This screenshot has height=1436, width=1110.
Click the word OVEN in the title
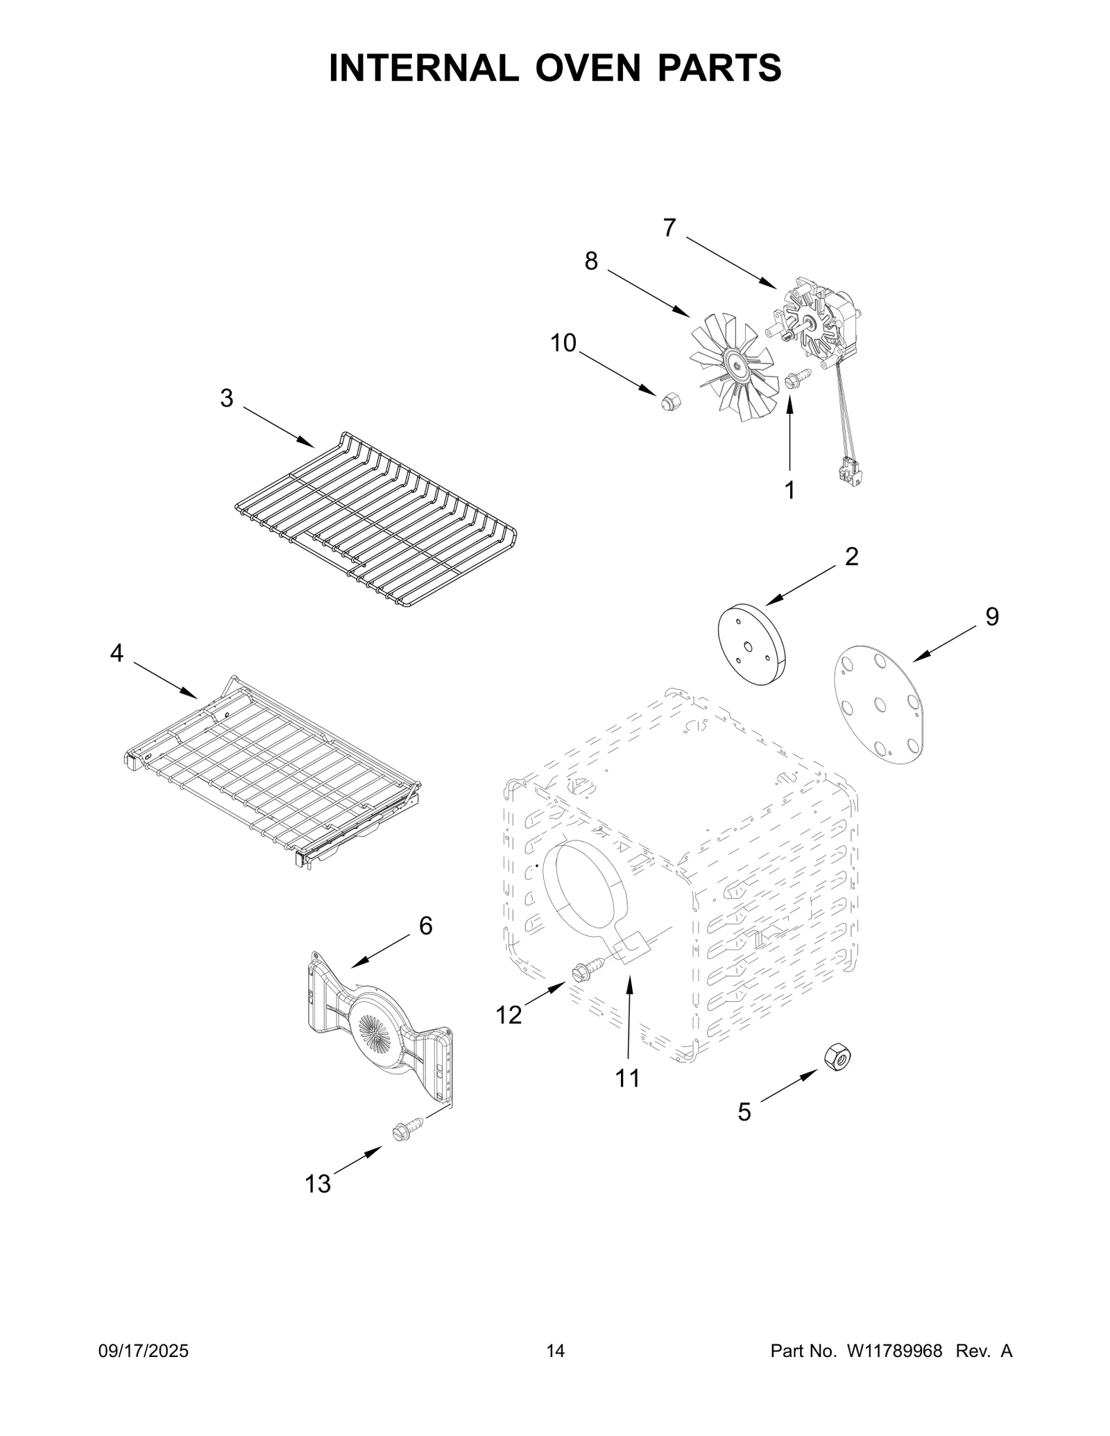coord(588,68)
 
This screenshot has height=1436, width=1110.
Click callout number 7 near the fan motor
coord(669,228)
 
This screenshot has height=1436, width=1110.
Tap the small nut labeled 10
coord(670,399)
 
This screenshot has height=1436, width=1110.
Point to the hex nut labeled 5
coord(837,1058)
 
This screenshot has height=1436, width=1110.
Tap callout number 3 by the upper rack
coord(227,398)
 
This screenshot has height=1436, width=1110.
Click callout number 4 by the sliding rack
coord(117,652)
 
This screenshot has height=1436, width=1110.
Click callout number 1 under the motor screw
coord(789,490)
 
